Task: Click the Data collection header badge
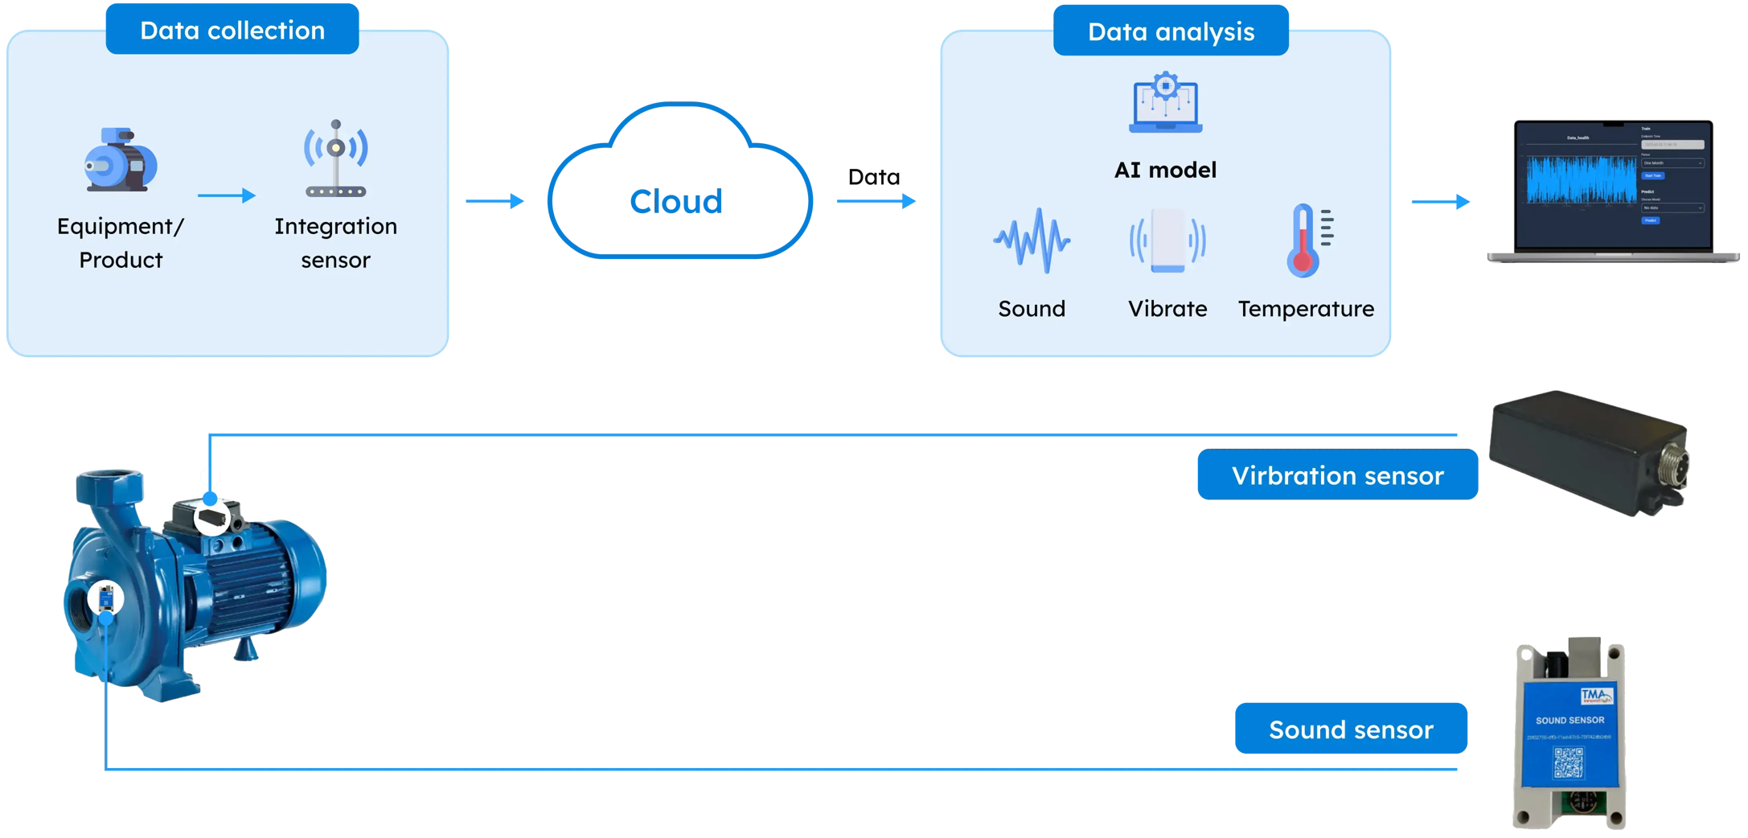[232, 31]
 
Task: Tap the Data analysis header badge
[1171, 32]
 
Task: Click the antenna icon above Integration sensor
[336, 158]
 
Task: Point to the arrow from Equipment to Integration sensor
[226, 195]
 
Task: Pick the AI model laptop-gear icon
[1165, 103]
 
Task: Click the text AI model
[1165, 170]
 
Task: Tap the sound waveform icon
[1032, 240]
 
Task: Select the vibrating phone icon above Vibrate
[1167, 240]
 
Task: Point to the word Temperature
[1306, 309]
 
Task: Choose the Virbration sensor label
[1337, 475]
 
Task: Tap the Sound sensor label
[1351, 729]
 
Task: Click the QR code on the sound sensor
[1568, 762]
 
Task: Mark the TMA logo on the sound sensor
[1595, 696]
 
